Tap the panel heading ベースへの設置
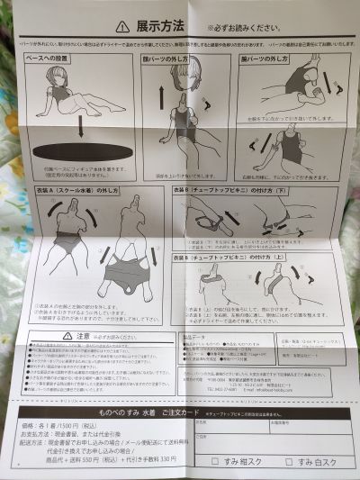[x=53, y=59]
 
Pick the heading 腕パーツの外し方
[x=269, y=59]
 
